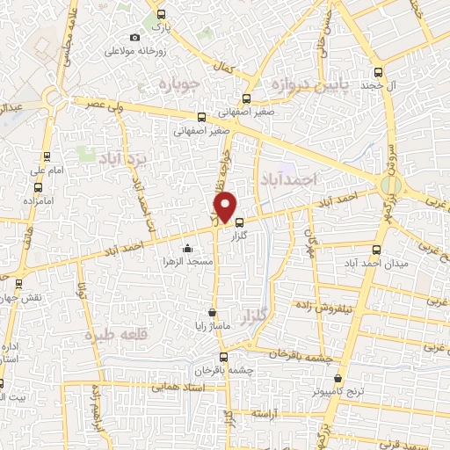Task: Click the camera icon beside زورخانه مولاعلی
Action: pos(134,37)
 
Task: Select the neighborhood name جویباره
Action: pos(181,83)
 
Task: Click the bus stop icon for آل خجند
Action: pos(378,73)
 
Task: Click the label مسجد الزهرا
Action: pos(186,261)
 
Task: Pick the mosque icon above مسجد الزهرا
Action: pos(186,247)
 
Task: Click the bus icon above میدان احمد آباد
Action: pos(378,249)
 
